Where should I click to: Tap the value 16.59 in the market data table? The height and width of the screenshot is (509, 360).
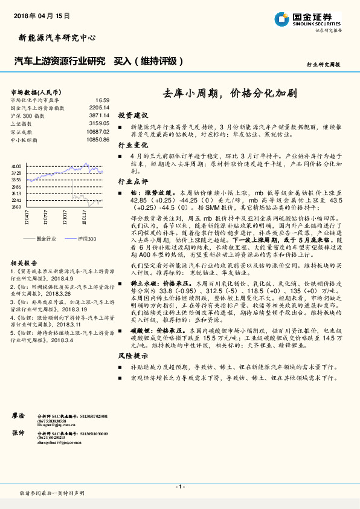102,100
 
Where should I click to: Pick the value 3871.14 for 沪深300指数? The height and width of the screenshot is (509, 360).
98,116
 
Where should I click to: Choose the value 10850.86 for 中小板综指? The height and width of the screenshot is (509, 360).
97,140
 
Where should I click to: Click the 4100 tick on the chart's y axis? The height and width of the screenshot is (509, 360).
16,166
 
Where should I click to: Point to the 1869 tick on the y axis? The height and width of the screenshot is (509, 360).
16,207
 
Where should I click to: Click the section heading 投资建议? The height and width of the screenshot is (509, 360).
132,115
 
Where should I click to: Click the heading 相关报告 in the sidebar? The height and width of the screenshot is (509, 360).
24,263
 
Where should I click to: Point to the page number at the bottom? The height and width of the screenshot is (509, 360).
179,487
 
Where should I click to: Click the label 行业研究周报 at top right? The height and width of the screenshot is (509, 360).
324,64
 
